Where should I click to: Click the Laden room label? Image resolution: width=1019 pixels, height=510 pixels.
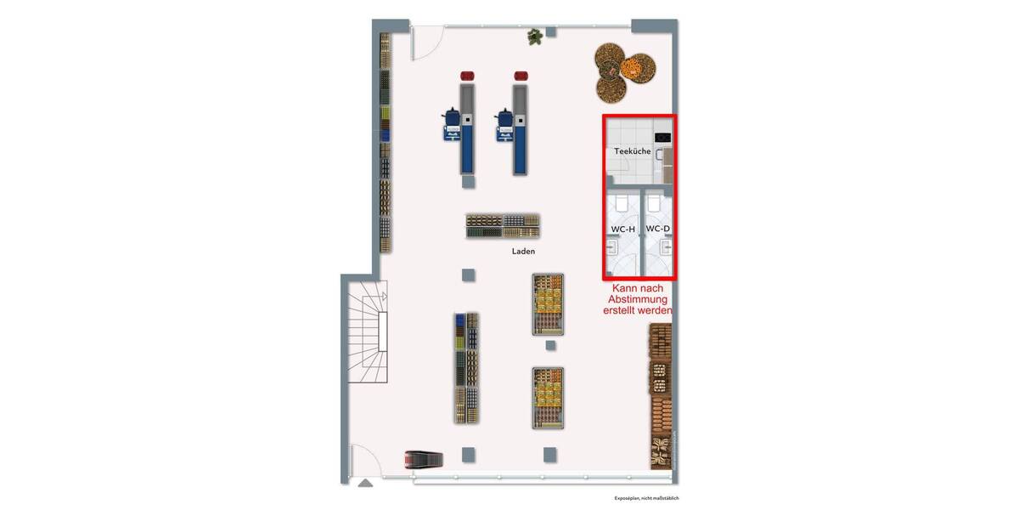pyautogui.click(x=523, y=252)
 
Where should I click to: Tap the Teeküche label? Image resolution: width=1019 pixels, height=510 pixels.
pyautogui.click(x=633, y=151)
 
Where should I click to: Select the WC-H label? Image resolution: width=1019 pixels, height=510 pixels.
pyautogui.click(x=622, y=229)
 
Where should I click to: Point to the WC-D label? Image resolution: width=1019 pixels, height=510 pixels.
pyautogui.click(x=658, y=229)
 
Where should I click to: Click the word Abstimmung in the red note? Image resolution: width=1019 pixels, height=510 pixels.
pyautogui.click(x=639, y=299)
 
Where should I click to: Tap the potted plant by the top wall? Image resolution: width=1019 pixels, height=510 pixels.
pyautogui.click(x=535, y=37)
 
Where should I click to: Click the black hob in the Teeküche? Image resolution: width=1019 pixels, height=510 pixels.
pyautogui.click(x=662, y=138)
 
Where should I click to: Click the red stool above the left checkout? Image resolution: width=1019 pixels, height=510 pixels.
pyautogui.click(x=467, y=76)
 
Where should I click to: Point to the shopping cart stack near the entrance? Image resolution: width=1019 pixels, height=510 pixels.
pyautogui.click(x=424, y=459)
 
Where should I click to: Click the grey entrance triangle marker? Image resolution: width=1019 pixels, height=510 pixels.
pyautogui.click(x=365, y=483)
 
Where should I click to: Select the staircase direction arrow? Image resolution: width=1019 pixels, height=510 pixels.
pyautogui.click(x=383, y=297)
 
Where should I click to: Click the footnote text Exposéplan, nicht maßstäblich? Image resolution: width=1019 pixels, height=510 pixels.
pyautogui.click(x=647, y=498)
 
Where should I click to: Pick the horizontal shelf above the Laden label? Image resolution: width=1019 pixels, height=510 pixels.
pyautogui.click(x=503, y=225)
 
